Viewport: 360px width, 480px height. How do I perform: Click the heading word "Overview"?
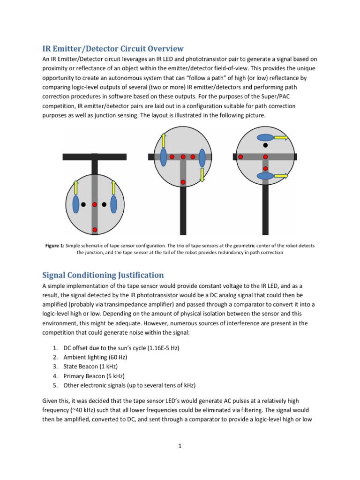point(161,49)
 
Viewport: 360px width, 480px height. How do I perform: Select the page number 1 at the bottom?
point(180,446)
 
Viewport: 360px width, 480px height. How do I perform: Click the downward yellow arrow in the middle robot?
point(202,175)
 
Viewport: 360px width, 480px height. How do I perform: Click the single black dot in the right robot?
point(265,145)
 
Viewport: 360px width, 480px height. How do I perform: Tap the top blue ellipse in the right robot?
point(265,138)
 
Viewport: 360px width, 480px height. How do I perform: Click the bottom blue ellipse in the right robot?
point(265,176)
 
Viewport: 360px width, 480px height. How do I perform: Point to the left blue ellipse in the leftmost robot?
point(76,204)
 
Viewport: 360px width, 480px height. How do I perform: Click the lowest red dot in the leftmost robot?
point(95,229)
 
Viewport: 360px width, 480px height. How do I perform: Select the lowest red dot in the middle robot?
point(183,182)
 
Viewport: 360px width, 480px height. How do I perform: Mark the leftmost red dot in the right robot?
point(241,157)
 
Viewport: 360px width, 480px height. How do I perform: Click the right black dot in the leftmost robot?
point(105,204)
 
